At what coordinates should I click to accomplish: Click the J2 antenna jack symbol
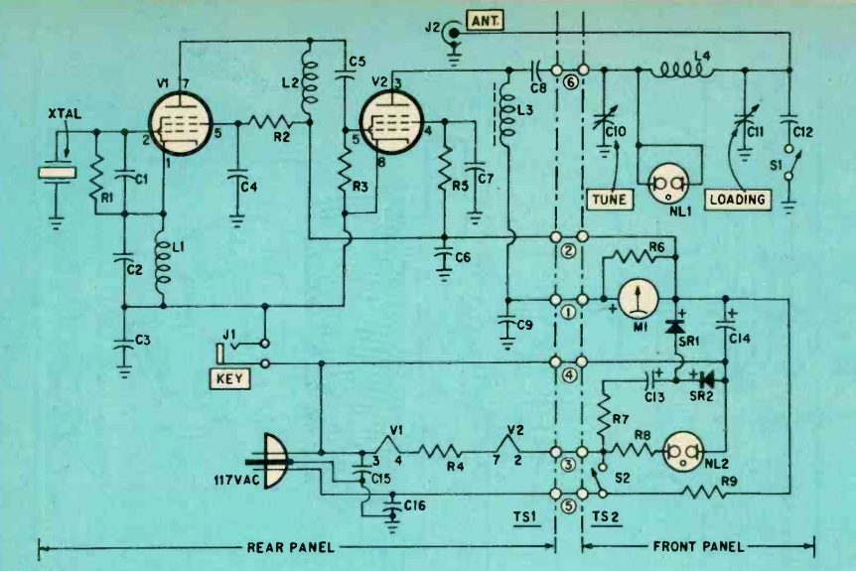pyautogui.click(x=456, y=34)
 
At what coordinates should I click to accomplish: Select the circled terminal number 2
pyautogui.click(x=570, y=251)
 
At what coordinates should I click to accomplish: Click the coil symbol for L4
pyautogui.click(x=686, y=71)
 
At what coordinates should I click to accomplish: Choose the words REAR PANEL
pyautogui.click(x=289, y=546)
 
